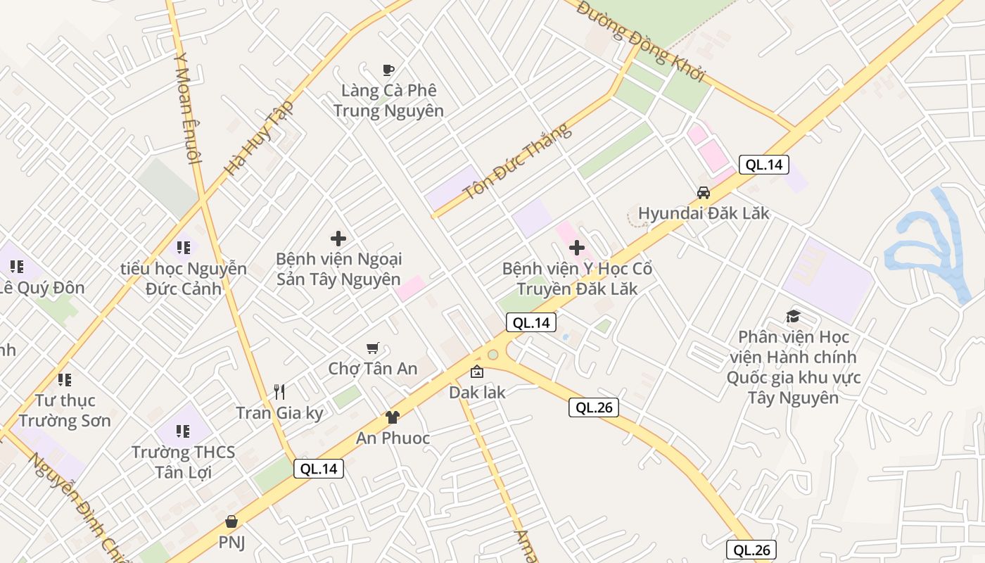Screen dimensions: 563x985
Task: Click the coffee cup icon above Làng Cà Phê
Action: point(388,69)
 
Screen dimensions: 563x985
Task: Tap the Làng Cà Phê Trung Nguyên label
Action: point(388,101)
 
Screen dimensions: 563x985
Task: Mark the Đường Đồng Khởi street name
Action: point(640,41)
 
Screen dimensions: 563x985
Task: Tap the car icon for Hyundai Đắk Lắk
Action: point(703,192)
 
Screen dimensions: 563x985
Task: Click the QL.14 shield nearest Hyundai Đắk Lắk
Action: point(763,165)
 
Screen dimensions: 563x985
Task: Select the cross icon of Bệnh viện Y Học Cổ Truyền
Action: point(577,248)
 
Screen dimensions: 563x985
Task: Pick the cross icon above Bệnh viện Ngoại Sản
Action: point(338,239)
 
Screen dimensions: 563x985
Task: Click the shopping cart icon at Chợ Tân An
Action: point(373,348)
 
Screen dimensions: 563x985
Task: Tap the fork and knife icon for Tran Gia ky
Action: point(279,392)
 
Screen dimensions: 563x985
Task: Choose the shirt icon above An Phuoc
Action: point(392,417)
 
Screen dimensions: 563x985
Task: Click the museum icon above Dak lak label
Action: point(477,372)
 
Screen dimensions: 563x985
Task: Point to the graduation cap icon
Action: point(793,316)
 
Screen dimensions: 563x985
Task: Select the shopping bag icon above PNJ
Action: point(231,521)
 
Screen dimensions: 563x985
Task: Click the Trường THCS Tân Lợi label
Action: point(183,462)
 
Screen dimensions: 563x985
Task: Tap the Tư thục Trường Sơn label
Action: point(65,410)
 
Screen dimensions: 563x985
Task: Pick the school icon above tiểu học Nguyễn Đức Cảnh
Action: point(184,248)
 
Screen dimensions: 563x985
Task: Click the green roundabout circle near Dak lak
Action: point(493,355)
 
